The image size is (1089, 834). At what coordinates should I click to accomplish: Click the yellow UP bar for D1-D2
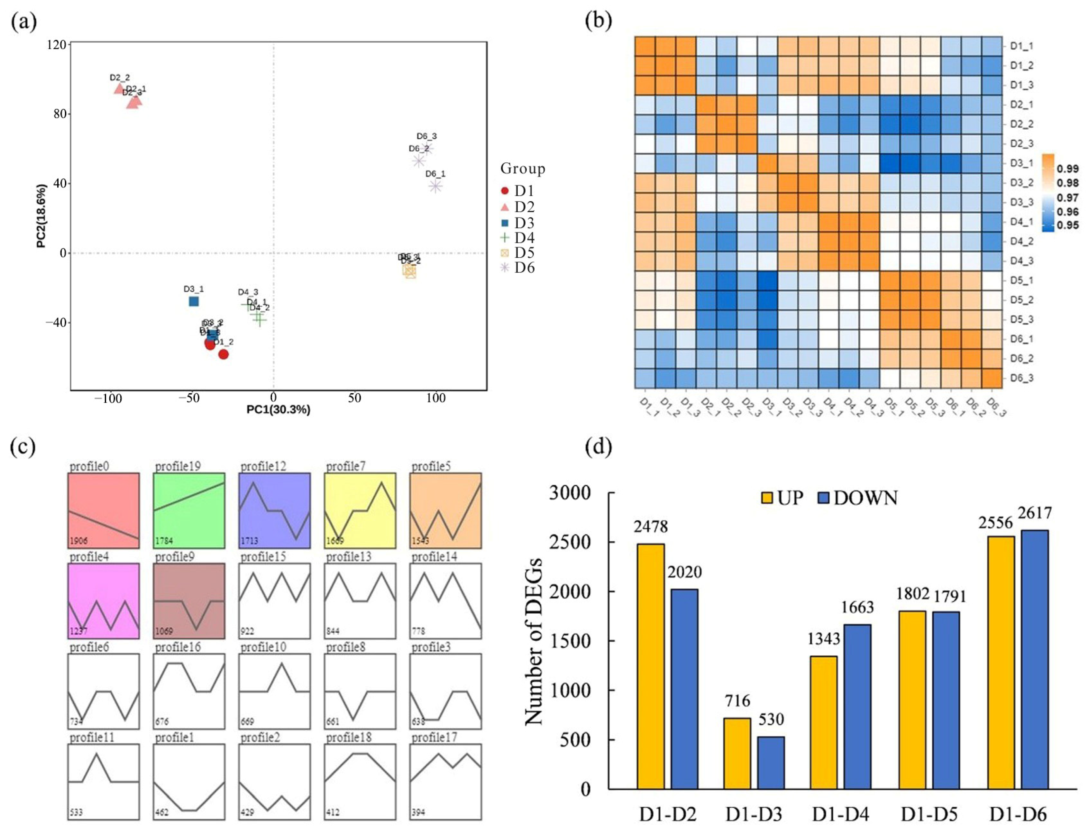(x=650, y=666)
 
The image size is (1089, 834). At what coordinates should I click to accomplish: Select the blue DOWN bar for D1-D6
(x=1034, y=659)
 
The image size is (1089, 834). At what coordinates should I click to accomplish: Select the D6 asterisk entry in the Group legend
(x=505, y=268)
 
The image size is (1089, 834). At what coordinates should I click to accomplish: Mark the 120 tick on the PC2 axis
(x=56, y=45)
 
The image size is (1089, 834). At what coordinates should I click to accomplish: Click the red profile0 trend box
(x=103, y=510)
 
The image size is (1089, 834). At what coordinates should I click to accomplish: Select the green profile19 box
(x=188, y=510)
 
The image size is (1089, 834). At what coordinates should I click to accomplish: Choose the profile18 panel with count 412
(x=360, y=781)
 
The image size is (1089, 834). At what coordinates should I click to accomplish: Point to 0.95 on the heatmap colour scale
(x=1067, y=225)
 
